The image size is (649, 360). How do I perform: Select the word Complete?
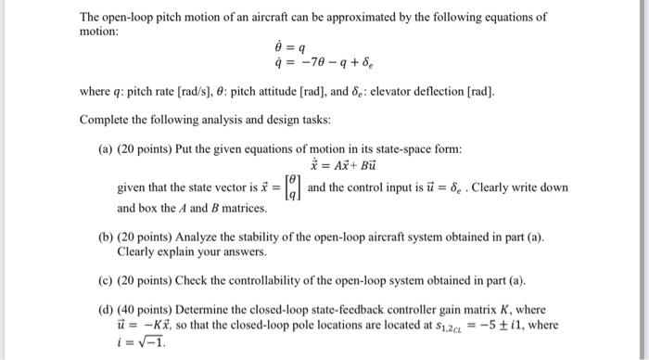pos(107,121)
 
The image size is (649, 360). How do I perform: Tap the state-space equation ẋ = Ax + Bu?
pos(336,166)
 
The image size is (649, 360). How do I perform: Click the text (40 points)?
pos(148,309)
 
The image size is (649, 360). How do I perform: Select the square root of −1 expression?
pos(139,340)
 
